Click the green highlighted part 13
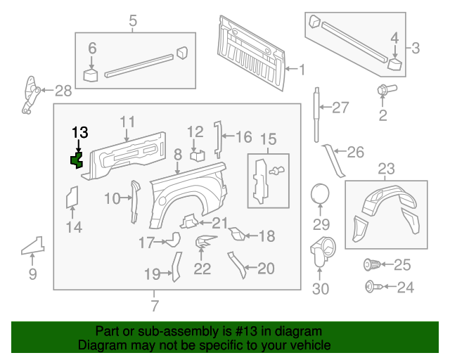coord(77,161)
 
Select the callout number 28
coord(63,90)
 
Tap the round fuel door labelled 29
coord(321,193)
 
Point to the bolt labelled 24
coord(371,286)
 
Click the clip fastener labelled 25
coord(372,265)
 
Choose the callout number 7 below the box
coord(155,305)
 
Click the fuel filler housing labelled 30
coord(322,250)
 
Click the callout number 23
coord(387,168)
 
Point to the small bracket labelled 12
coord(198,154)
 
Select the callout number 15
coord(269,139)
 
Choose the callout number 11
coord(127,122)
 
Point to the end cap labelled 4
coord(394,65)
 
